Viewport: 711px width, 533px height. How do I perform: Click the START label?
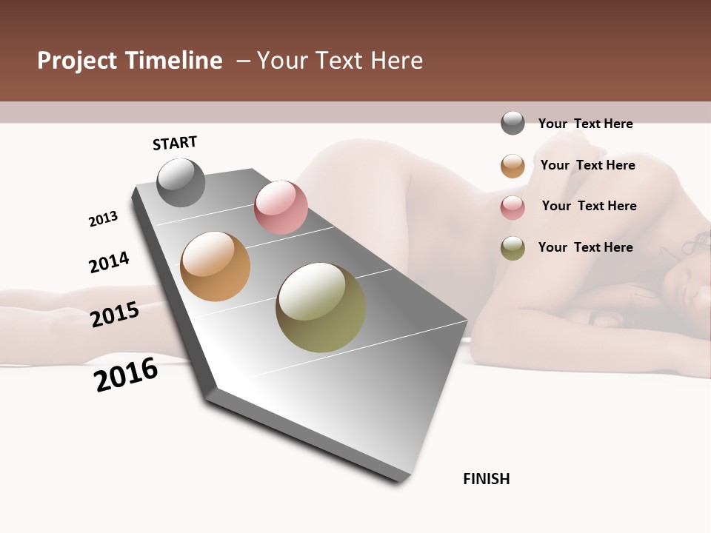[175, 143]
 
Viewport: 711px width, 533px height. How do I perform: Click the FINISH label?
[487, 479]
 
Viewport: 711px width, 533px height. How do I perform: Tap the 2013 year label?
[103, 219]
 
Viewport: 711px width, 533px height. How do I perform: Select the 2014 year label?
[109, 262]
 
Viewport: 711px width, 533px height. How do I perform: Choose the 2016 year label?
[126, 375]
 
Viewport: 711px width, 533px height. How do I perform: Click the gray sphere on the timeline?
[181, 182]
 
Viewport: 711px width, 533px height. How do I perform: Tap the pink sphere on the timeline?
[281, 207]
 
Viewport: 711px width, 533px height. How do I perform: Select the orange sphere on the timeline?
[215, 266]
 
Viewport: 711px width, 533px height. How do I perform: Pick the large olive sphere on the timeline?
[321, 307]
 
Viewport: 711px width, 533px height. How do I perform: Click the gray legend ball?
[513, 123]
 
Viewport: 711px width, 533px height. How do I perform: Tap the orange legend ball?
[513, 166]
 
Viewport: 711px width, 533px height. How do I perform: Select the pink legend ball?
[513, 207]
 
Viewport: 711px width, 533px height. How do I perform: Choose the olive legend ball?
[513, 248]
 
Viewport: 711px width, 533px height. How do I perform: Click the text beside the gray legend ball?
[585, 124]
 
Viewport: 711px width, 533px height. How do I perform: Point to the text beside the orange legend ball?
[587, 165]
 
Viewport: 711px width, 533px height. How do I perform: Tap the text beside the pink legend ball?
[589, 206]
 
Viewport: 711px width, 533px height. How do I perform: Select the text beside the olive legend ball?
[585, 247]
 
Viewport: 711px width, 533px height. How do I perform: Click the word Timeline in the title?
[173, 61]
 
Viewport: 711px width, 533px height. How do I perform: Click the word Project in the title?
[78, 61]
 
